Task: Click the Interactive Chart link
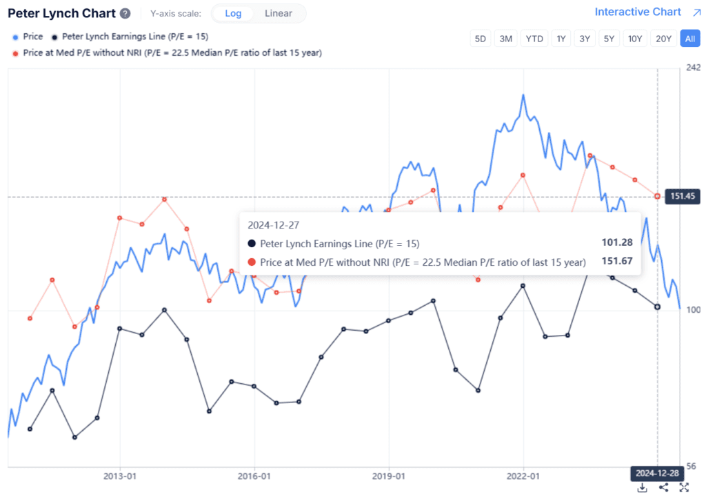point(637,12)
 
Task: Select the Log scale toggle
point(233,13)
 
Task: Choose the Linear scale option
point(279,13)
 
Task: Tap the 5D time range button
point(480,39)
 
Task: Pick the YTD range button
point(534,39)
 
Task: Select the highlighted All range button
point(689,39)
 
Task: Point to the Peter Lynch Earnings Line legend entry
point(134,37)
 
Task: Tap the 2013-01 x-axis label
point(120,476)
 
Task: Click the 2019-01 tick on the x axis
point(389,476)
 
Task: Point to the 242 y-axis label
point(693,67)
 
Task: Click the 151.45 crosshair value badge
point(680,196)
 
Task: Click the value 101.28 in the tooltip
point(616,243)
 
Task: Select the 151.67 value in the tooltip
point(616,262)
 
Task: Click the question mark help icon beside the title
point(125,14)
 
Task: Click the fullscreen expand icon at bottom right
point(684,487)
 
